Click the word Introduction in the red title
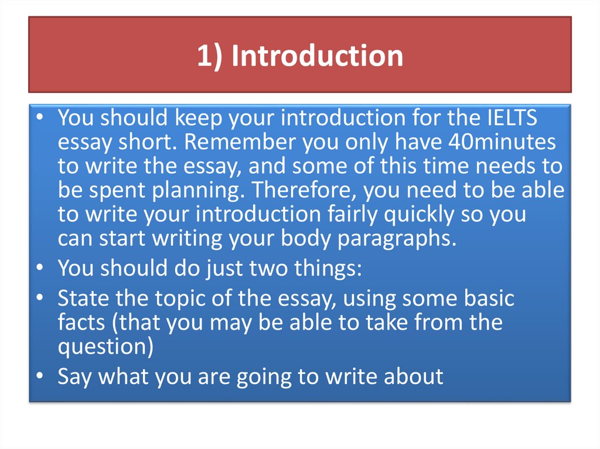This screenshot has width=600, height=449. [317, 56]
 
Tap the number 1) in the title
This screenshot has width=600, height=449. [210, 56]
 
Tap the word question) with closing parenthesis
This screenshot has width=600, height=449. [105, 347]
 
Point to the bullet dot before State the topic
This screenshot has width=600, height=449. [39, 299]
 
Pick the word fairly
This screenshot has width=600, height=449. [350, 214]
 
